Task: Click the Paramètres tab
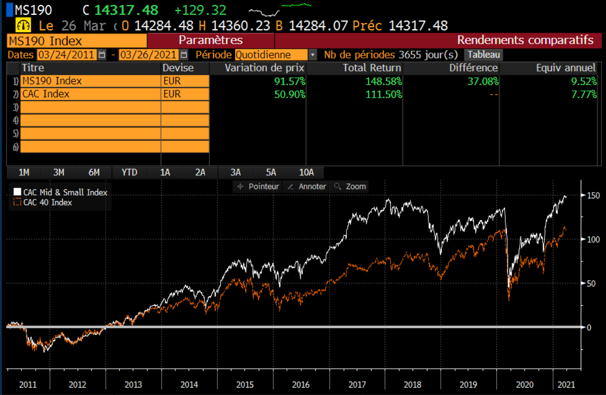[x=211, y=40]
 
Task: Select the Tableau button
[x=483, y=55]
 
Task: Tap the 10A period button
[x=306, y=172]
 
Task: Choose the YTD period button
[x=130, y=172]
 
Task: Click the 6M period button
[x=94, y=172]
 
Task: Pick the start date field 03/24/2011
[x=67, y=55]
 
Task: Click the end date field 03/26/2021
[x=148, y=55]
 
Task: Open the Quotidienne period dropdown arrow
[x=313, y=55]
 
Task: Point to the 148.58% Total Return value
[x=384, y=81]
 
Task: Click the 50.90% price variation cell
[x=290, y=94]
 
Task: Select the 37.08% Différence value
[x=483, y=81]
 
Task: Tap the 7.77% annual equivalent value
[x=584, y=94]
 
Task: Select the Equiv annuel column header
[x=566, y=68]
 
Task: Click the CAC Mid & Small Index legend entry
[x=61, y=192]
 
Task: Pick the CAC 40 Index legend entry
[x=43, y=202]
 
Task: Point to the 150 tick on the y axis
[x=593, y=196]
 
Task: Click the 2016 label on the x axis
[x=301, y=385]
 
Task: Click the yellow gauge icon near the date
[x=23, y=25]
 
